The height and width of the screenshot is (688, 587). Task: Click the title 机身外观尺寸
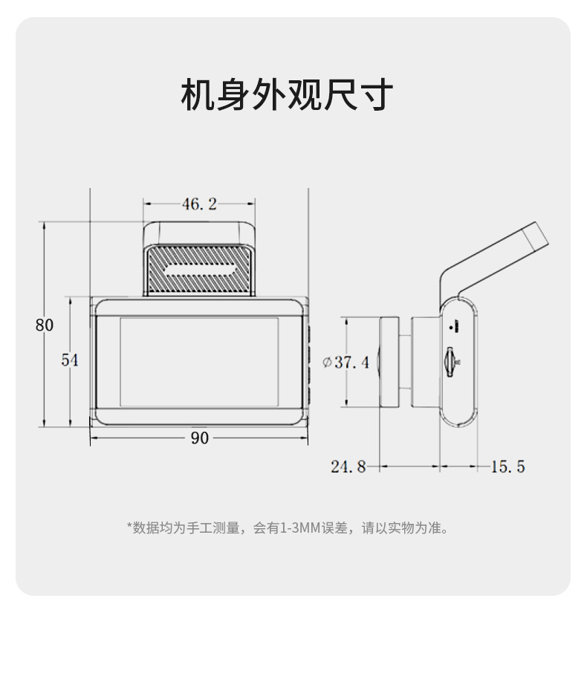tap(287, 94)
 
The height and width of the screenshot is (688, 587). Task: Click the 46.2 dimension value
tap(199, 204)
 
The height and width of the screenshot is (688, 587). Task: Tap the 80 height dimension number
tap(45, 325)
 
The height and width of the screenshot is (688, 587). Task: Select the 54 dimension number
tap(69, 360)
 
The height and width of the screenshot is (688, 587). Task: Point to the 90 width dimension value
tap(200, 438)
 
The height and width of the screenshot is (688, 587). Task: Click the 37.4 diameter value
tap(351, 363)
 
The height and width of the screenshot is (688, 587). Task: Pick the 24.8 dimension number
tap(348, 467)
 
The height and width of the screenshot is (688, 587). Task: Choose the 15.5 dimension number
tap(508, 467)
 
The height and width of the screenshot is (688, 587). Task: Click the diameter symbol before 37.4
tap(327, 363)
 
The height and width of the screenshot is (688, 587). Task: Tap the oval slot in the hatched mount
tap(199, 270)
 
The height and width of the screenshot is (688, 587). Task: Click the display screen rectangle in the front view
tap(199, 362)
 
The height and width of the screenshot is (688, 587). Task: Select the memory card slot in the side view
tap(449, 363)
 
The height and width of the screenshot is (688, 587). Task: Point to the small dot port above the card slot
tap(451, 327)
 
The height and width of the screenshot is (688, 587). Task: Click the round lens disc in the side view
tap(389, 363)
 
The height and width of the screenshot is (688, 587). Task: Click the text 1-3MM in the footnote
tap(299, 528)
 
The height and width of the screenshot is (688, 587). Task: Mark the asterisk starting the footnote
tap(129, 527)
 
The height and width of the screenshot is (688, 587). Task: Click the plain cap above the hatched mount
tap(199, 233)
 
